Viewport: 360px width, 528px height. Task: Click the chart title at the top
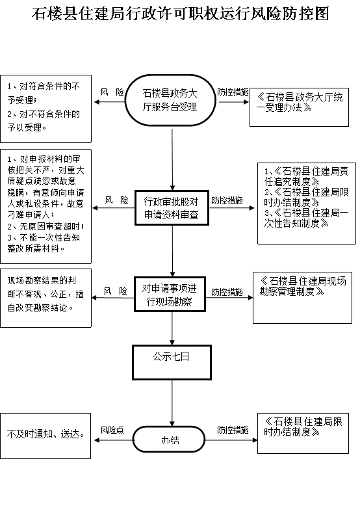point(180,14)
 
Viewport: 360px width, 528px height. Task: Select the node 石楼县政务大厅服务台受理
point(170,100)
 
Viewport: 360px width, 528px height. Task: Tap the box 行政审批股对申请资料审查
point(172,208)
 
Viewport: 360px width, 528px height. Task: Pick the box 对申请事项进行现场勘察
point(170,295)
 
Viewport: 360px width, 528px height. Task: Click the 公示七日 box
point(172,363)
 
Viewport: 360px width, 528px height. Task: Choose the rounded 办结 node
point(169,440)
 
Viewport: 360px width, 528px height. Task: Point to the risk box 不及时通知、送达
point(45,436)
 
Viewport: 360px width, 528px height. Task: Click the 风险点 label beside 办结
point(112,430)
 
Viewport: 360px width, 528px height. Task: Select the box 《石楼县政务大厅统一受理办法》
point(299,107)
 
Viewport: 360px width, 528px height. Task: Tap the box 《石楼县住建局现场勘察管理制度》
point(302,298)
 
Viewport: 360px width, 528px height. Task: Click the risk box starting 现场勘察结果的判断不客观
point(45,298)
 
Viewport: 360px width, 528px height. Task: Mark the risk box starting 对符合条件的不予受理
point(45,109)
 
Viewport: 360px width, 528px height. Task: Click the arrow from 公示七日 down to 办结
point(172,403)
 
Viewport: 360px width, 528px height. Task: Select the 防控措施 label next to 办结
point(233,430)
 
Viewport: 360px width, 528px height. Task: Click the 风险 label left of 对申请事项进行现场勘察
point(116,291)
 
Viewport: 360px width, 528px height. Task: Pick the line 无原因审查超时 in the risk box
point(45,226)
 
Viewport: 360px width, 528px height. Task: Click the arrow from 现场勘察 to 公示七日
point(172,328)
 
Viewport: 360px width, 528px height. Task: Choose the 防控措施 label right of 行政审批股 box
point(227,201)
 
